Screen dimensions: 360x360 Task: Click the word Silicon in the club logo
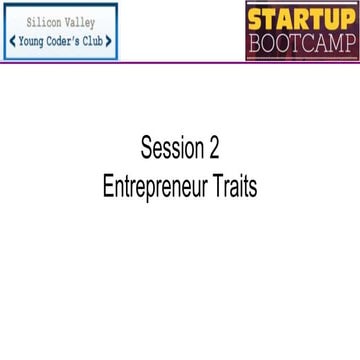tap(42, 25)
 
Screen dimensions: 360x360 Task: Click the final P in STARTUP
tap(348, 17)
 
